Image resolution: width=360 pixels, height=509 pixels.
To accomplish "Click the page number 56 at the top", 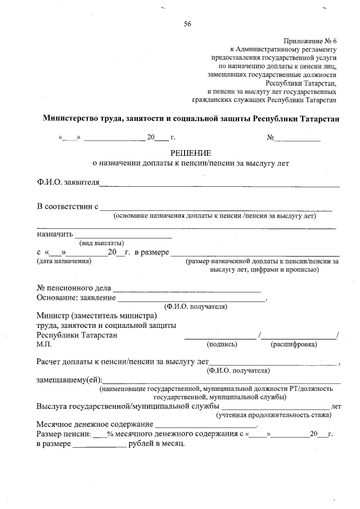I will click(x=188, y=23).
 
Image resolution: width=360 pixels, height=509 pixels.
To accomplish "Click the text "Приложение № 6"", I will click(x=310, y=40).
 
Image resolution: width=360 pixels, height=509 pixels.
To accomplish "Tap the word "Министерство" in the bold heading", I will click(x=73, y=119).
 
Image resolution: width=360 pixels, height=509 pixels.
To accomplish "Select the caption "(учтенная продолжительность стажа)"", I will click(x=274, y=415).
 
